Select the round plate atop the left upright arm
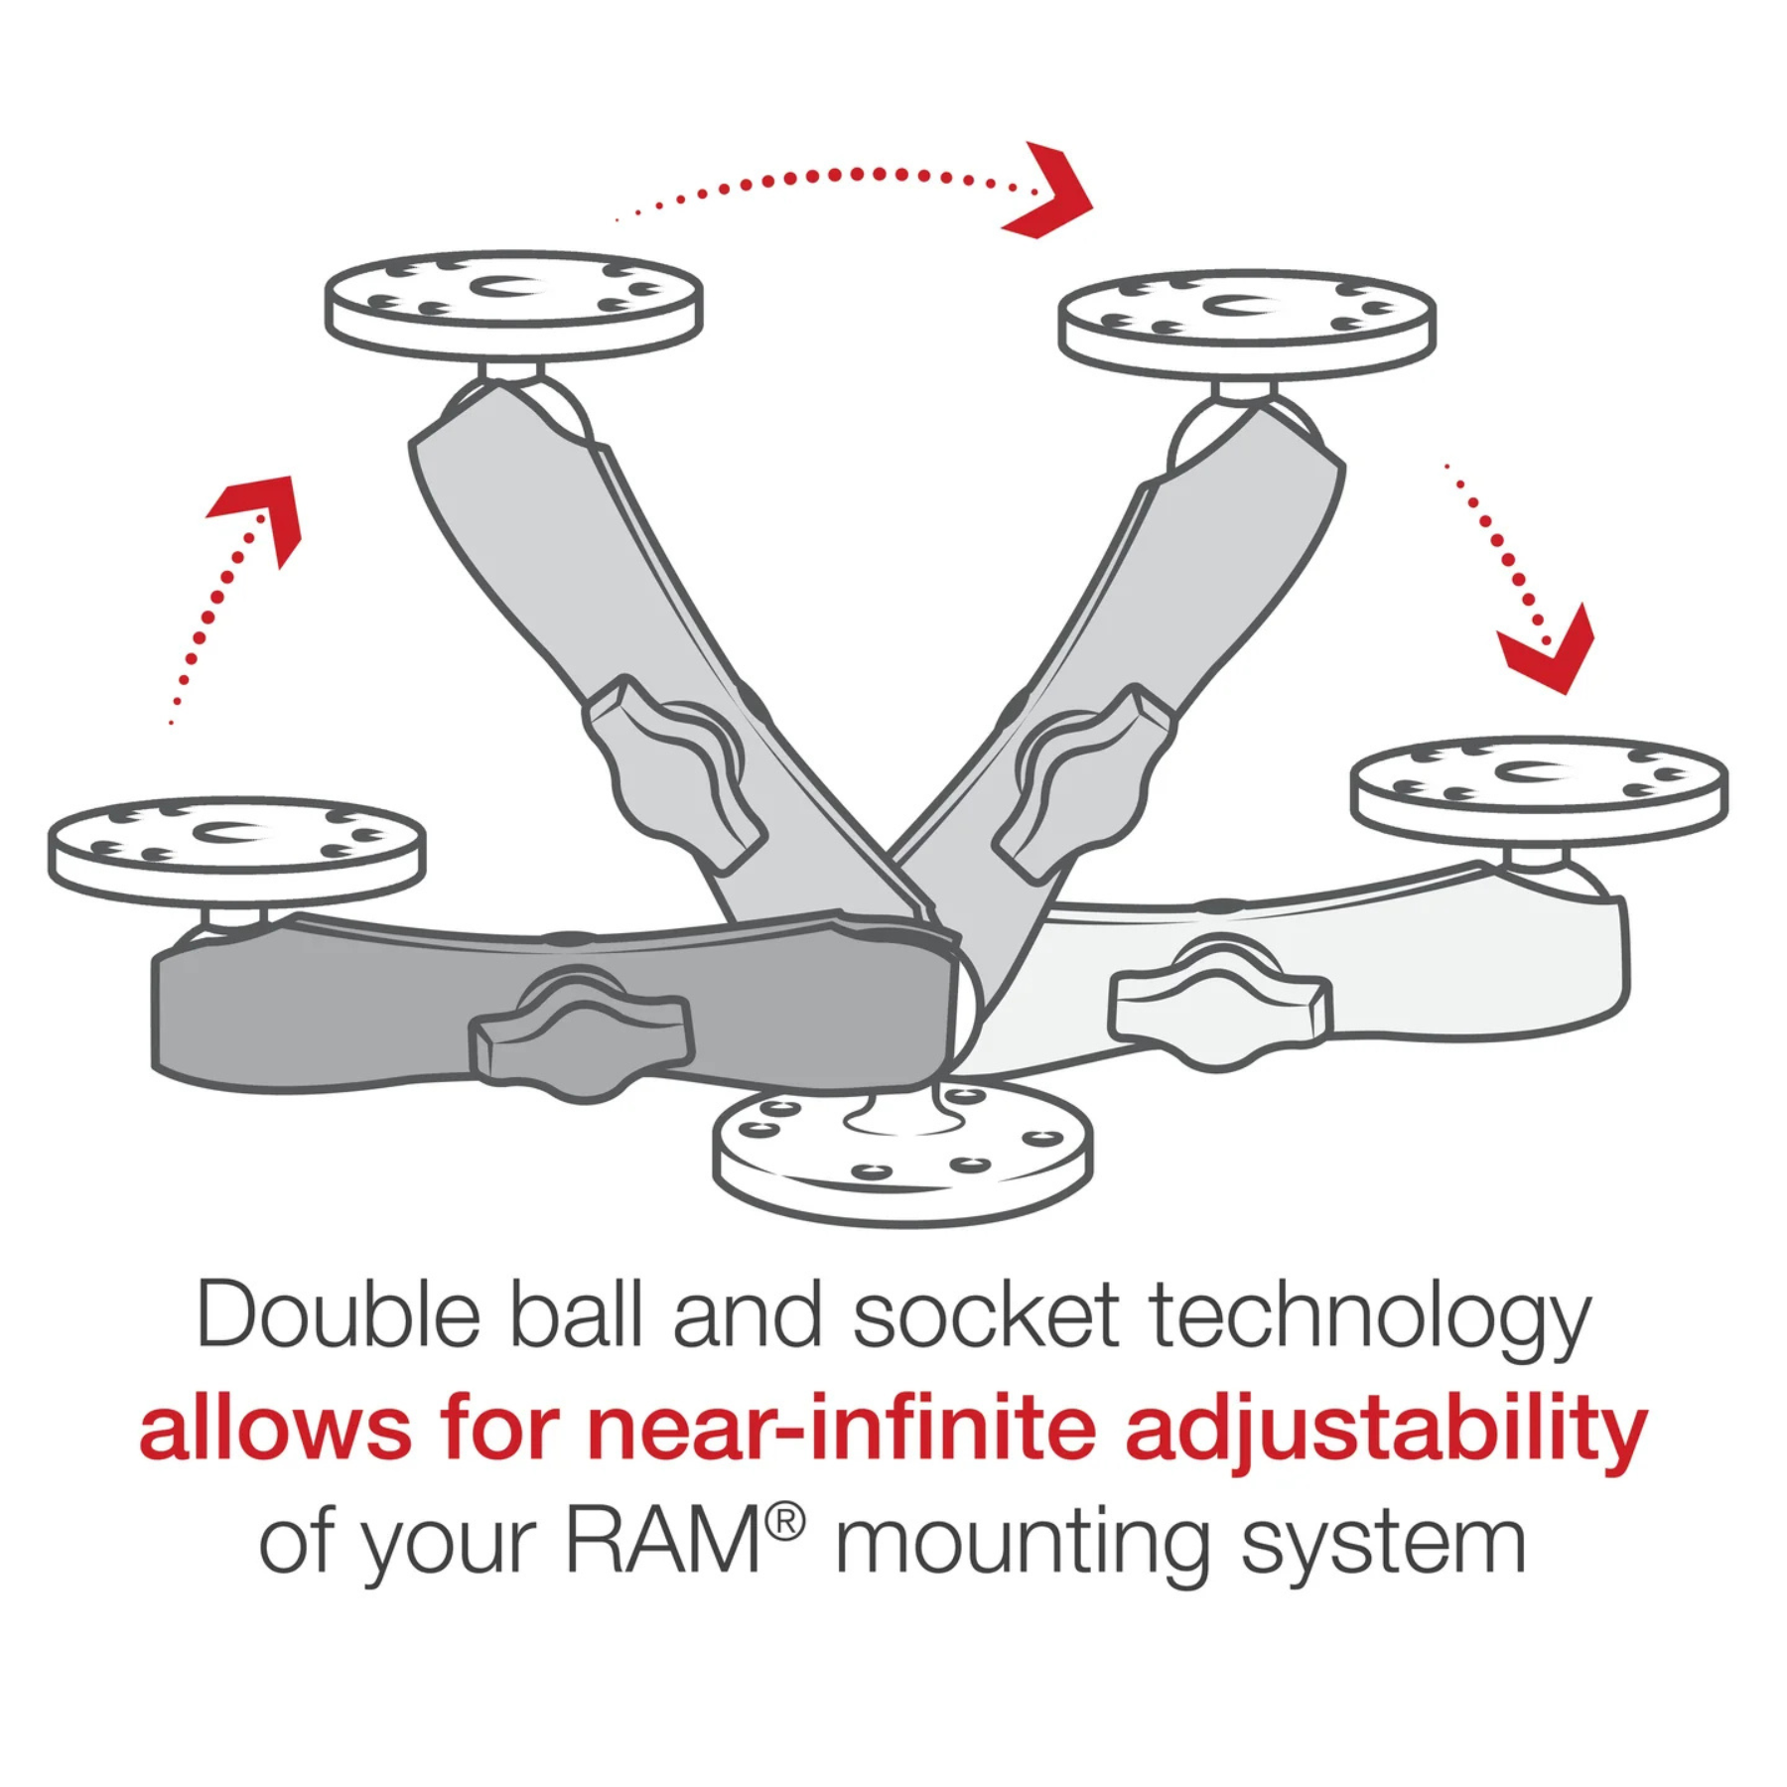514,303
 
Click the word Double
339,1315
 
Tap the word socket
987,1315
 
